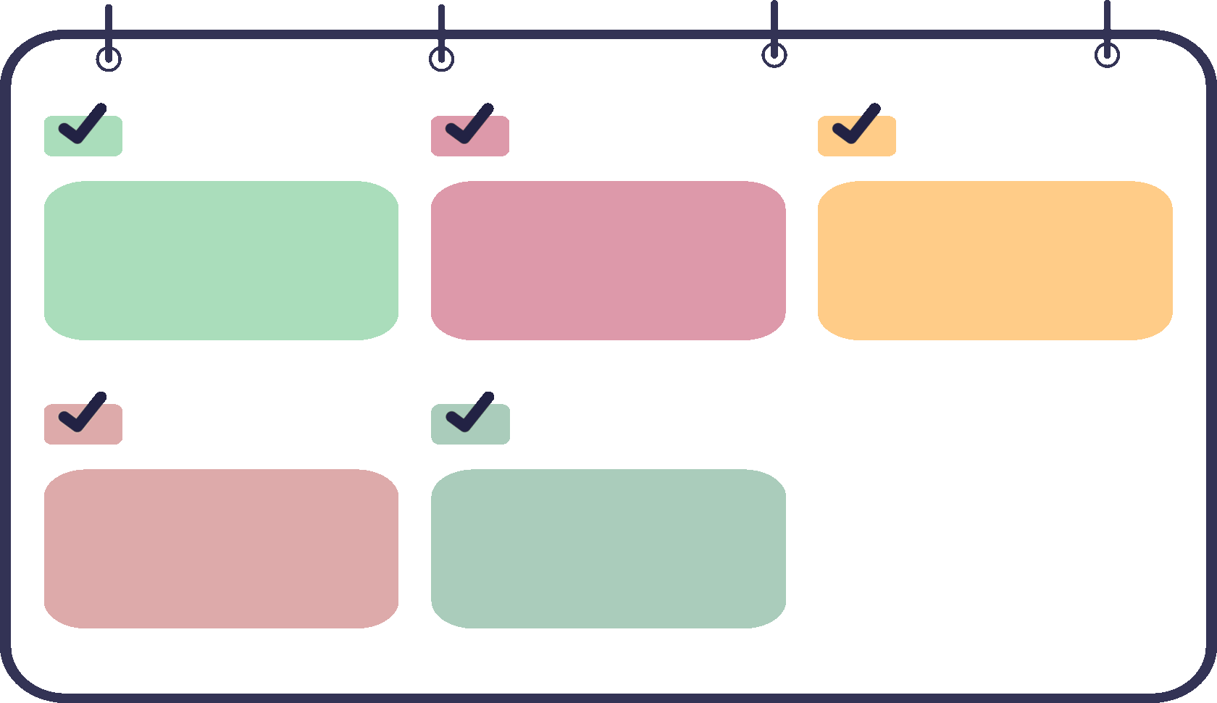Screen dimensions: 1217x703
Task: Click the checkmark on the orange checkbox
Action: click(856, 125)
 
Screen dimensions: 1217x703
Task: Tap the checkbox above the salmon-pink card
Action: click(83, 424)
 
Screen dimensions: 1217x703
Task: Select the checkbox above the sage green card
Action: click(470, 424)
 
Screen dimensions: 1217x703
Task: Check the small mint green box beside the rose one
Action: click(83, 135)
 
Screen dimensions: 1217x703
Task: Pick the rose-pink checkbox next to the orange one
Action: click(470, 135)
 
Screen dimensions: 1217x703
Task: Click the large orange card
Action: click(995, 261)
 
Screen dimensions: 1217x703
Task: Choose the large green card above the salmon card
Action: click(221, 261)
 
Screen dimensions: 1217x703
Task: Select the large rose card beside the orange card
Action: click(608, 261)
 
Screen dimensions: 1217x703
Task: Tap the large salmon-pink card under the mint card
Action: click(221, 548)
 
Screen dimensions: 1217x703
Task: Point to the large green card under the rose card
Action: click(608, 548)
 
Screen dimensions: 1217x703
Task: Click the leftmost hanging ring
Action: click(109, 59)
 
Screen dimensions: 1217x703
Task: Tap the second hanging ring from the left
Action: click(441, 59)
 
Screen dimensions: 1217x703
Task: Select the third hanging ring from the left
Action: click(774, 55)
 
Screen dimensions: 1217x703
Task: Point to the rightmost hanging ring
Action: click(1107, 55)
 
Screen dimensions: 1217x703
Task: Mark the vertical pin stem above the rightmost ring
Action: click(1107, 18)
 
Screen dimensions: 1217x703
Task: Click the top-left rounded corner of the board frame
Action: click(22, 51)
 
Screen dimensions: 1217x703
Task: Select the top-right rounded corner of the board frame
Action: click(1195, 51)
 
